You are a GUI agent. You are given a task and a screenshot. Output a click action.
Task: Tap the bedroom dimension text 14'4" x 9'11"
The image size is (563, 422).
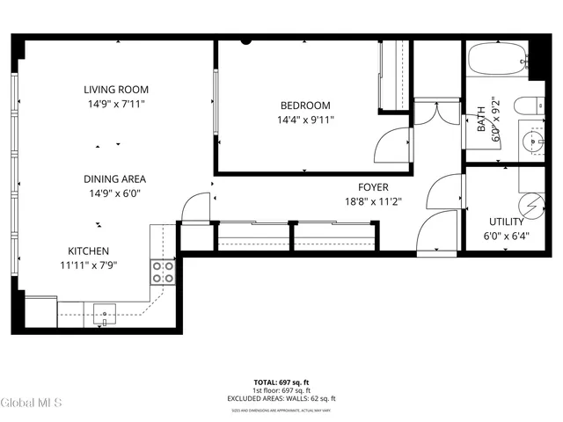point(305,120)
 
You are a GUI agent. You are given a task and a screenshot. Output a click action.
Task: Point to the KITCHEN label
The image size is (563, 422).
point(88,250)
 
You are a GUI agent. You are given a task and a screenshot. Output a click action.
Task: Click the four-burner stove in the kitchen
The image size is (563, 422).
point(163,272)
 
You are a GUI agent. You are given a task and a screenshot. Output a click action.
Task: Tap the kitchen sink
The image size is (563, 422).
point(104,312)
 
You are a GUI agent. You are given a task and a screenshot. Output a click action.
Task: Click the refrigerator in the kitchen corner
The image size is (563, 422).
point(40,311)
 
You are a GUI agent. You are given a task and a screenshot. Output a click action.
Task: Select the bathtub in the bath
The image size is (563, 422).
point(498,60)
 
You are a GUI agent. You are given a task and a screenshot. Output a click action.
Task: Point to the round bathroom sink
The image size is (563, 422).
point(533,141)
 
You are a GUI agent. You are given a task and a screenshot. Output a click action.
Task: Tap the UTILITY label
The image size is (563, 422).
point(507,222)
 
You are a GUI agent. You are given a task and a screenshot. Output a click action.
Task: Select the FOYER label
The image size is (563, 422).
point(373,186)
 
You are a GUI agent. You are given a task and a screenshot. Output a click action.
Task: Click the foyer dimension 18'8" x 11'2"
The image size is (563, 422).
point(373,200)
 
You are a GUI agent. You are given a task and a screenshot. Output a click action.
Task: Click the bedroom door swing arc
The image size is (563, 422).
point(391,143)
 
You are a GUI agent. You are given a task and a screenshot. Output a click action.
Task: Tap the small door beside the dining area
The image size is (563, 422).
point(194,207)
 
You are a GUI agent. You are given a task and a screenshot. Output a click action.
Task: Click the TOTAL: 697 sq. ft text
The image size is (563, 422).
point(281,382)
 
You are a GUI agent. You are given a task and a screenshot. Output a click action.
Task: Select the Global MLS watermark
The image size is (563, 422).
point(31,403)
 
